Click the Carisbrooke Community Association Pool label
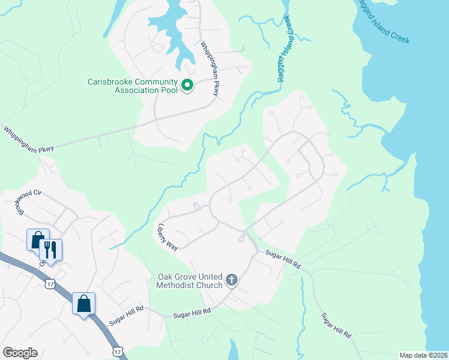tap(133, 86)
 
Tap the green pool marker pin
tap(187, 85)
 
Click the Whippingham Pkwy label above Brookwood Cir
tap(28, 139)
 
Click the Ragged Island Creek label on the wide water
tap(384, 22)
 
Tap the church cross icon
tap(231, 280)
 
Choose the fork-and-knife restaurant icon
tap(51, 249)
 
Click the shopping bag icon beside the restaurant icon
tap(37, 239)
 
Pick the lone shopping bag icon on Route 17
tap(83, 302)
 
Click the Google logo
tap(20, 353)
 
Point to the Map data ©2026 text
tap(423, 355)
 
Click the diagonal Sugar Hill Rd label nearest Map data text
tap(336, 326)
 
